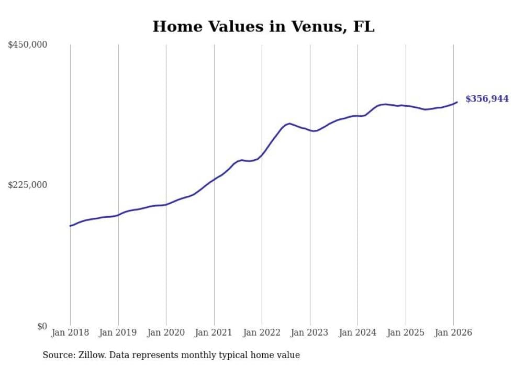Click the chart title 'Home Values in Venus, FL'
tap(263, 26)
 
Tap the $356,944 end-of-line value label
tap(487, 98)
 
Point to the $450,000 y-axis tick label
tap(28, 45)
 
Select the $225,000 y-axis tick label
tap(28, 185)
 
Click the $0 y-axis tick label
tap(42, 326)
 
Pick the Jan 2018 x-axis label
tap(70, 333)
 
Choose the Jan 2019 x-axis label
tap(118, 333)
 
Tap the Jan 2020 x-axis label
tap(166, 333)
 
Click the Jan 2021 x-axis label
tap(214, 333)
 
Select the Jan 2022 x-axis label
tap(262, 333)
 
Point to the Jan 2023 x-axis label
tap(310, 333)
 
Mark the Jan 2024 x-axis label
tap(358, 333)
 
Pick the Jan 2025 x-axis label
tap(406, 333)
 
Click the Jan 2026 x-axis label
tap(453, 333)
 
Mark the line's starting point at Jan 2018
tap(70, 226)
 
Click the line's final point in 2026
tap(457, 102)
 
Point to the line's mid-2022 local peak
tap(289, 124)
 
